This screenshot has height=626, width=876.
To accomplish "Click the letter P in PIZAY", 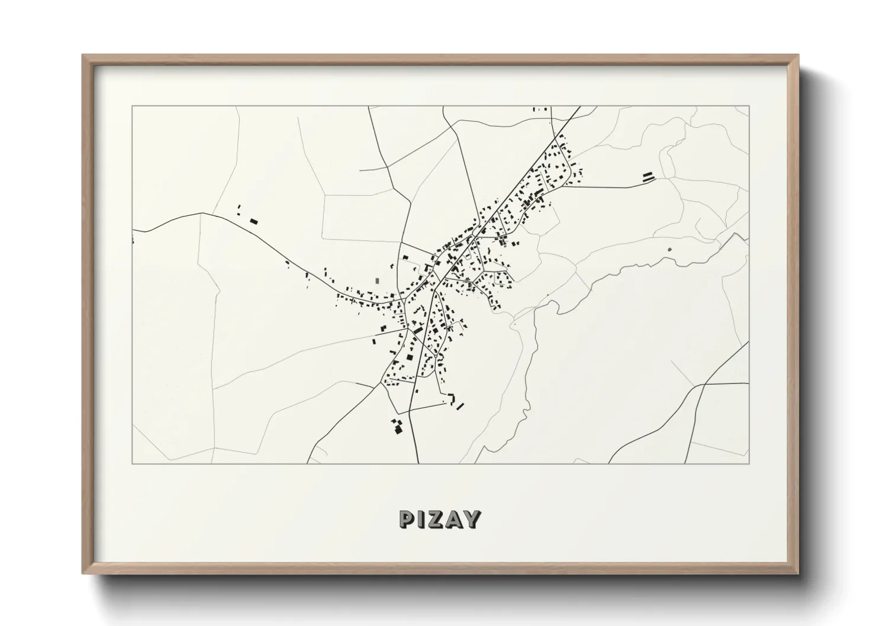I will tap(407, 519).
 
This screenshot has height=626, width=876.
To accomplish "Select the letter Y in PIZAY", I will tap(472, 519).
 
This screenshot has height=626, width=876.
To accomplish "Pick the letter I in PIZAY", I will tap(421, 519).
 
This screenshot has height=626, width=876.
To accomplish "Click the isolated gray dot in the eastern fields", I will tap(669, 250).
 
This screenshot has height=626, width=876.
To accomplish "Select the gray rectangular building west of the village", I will tap(377, 280).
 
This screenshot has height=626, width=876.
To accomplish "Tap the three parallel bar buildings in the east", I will tap(649, 176).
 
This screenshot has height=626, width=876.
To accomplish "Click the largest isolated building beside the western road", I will tap(254, 221).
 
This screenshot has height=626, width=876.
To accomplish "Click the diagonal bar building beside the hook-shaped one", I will tap(460, 406).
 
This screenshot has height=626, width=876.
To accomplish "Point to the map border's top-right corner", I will tap(749, 107).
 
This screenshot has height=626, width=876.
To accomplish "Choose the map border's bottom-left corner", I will tap(133, 463).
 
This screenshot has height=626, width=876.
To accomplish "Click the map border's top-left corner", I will tap(133, 107).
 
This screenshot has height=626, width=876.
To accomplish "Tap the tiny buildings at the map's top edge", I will tap(540, 109).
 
